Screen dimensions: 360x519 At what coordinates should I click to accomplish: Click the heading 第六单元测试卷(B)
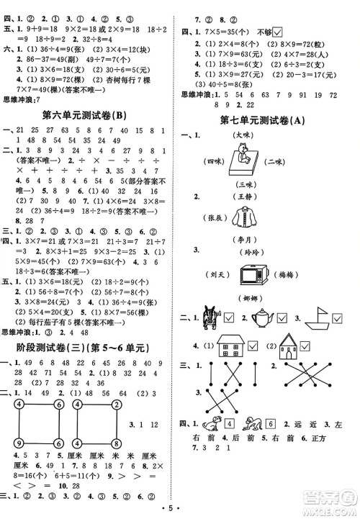(87, 114)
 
